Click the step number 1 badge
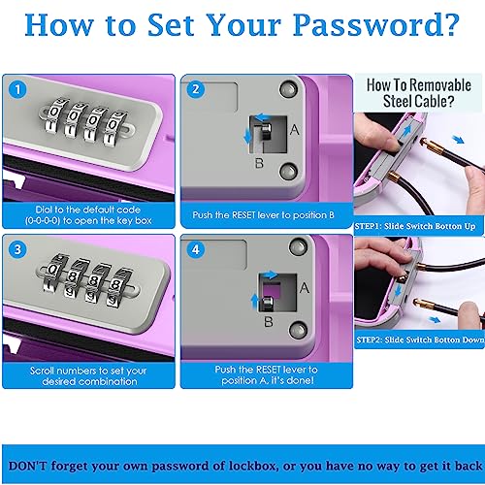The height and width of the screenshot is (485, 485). pos(17,89)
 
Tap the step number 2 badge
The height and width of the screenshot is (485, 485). pos(196,89)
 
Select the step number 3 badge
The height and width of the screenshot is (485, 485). pos(17,249)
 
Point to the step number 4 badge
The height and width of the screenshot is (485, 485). pos(196,249)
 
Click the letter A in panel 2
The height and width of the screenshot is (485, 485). pos(294,130)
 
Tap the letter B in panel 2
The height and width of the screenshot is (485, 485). pos(259,163)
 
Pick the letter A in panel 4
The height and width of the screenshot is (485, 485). pos(305,287)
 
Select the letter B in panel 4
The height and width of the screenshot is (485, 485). pos(269,321)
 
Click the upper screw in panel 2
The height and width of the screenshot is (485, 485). pos(288,89)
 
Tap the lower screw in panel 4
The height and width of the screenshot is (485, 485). pos(298,330)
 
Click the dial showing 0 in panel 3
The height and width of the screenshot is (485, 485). pos(53,271)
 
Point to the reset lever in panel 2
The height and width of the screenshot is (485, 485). pos(266,132)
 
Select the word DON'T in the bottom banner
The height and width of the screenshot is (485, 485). pos(28,466)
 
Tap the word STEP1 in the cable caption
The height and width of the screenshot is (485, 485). pos(368,226)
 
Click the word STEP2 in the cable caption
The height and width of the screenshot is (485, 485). pos(370,339)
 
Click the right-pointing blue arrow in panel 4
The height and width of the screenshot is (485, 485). pos(270,275)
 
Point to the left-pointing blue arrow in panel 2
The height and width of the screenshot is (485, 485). pos(263,117)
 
